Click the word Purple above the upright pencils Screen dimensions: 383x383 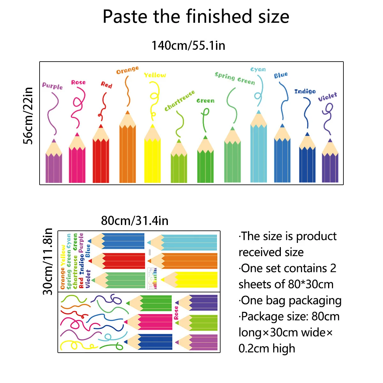coord(52,86)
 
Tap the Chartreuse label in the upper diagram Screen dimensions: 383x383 coord(179,101)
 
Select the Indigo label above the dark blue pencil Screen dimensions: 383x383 coord(305,91)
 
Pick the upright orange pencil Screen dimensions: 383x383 coord(127,150)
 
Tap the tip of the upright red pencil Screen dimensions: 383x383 coord(101,126)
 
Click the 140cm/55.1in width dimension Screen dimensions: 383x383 coord(188,46)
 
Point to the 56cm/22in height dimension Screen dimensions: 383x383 coord(28,116)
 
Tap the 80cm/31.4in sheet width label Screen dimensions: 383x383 coord(135,221)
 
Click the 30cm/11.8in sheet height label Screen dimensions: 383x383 coord(48,261)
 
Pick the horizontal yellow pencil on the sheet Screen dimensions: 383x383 coord(190,280)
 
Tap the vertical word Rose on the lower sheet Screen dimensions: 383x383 coord(176,313)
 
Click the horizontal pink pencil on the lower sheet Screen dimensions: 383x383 coord(150,322)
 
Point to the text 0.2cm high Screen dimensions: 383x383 coord(267,349)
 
